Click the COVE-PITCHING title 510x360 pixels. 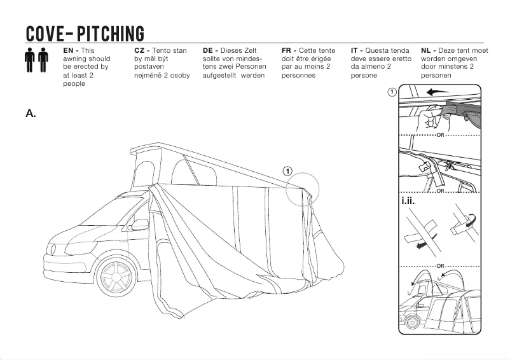(85, 33)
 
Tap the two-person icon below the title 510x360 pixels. (37, 60)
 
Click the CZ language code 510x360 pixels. (141, 50)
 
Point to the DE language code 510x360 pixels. (209, 50)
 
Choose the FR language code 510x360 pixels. (287, 50)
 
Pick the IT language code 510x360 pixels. (356, 50)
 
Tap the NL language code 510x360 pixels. (427, 50)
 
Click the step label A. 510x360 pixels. (31, 113)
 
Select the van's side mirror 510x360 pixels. (139, 225)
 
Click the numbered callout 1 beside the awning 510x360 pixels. (287, 171)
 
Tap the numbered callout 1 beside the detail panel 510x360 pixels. (392, 93)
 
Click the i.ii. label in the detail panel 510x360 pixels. (408, 202)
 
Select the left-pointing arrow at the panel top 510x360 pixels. (437, 92)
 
